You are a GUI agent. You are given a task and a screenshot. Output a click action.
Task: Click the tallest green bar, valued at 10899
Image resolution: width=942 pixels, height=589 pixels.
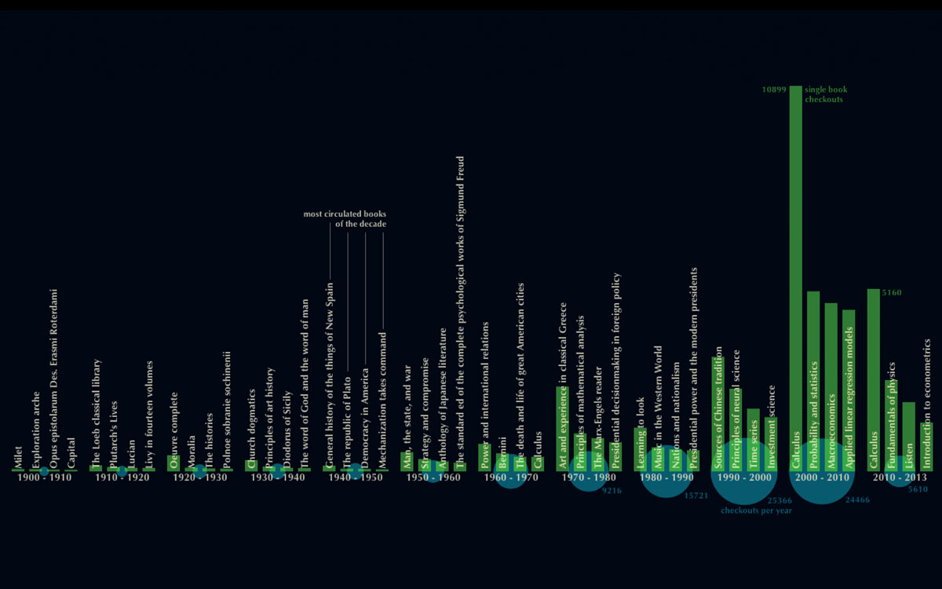[795, 275]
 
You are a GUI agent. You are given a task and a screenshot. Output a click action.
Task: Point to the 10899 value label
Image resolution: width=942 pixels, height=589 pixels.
[773, 90]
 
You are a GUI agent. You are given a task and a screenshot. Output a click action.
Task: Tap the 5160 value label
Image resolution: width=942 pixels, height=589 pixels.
[892, 293]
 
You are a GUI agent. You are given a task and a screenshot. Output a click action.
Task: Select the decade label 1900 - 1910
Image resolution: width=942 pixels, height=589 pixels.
[43, 477]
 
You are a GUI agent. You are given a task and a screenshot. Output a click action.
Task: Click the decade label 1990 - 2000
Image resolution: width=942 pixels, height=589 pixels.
[744, 477]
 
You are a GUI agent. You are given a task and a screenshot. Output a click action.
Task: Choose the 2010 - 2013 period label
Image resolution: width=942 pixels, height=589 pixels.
[900, 477]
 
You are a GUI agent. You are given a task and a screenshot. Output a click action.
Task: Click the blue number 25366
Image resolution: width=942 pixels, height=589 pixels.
[780, 500]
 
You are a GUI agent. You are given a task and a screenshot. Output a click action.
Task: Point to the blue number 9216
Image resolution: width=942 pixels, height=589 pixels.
[612, 491]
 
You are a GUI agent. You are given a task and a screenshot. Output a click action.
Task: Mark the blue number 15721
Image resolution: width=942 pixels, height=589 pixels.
[696, 496]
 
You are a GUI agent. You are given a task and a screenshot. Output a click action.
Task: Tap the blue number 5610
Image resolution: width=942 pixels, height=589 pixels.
[918, 489]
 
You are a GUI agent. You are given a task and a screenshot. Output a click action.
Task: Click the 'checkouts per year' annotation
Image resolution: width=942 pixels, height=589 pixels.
[756, 510]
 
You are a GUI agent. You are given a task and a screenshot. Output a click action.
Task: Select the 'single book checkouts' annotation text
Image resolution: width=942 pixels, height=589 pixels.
[826, 95]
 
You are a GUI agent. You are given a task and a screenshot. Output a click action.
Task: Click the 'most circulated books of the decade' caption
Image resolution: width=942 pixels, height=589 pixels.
[345, 219]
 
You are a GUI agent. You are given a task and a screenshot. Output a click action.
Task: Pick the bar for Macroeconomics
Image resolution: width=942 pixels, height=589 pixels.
[831, 385]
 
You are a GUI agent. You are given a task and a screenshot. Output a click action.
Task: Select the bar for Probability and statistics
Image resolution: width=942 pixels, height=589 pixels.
[813, 381]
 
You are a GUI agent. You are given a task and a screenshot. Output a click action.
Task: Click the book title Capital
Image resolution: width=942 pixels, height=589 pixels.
[71, 453]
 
